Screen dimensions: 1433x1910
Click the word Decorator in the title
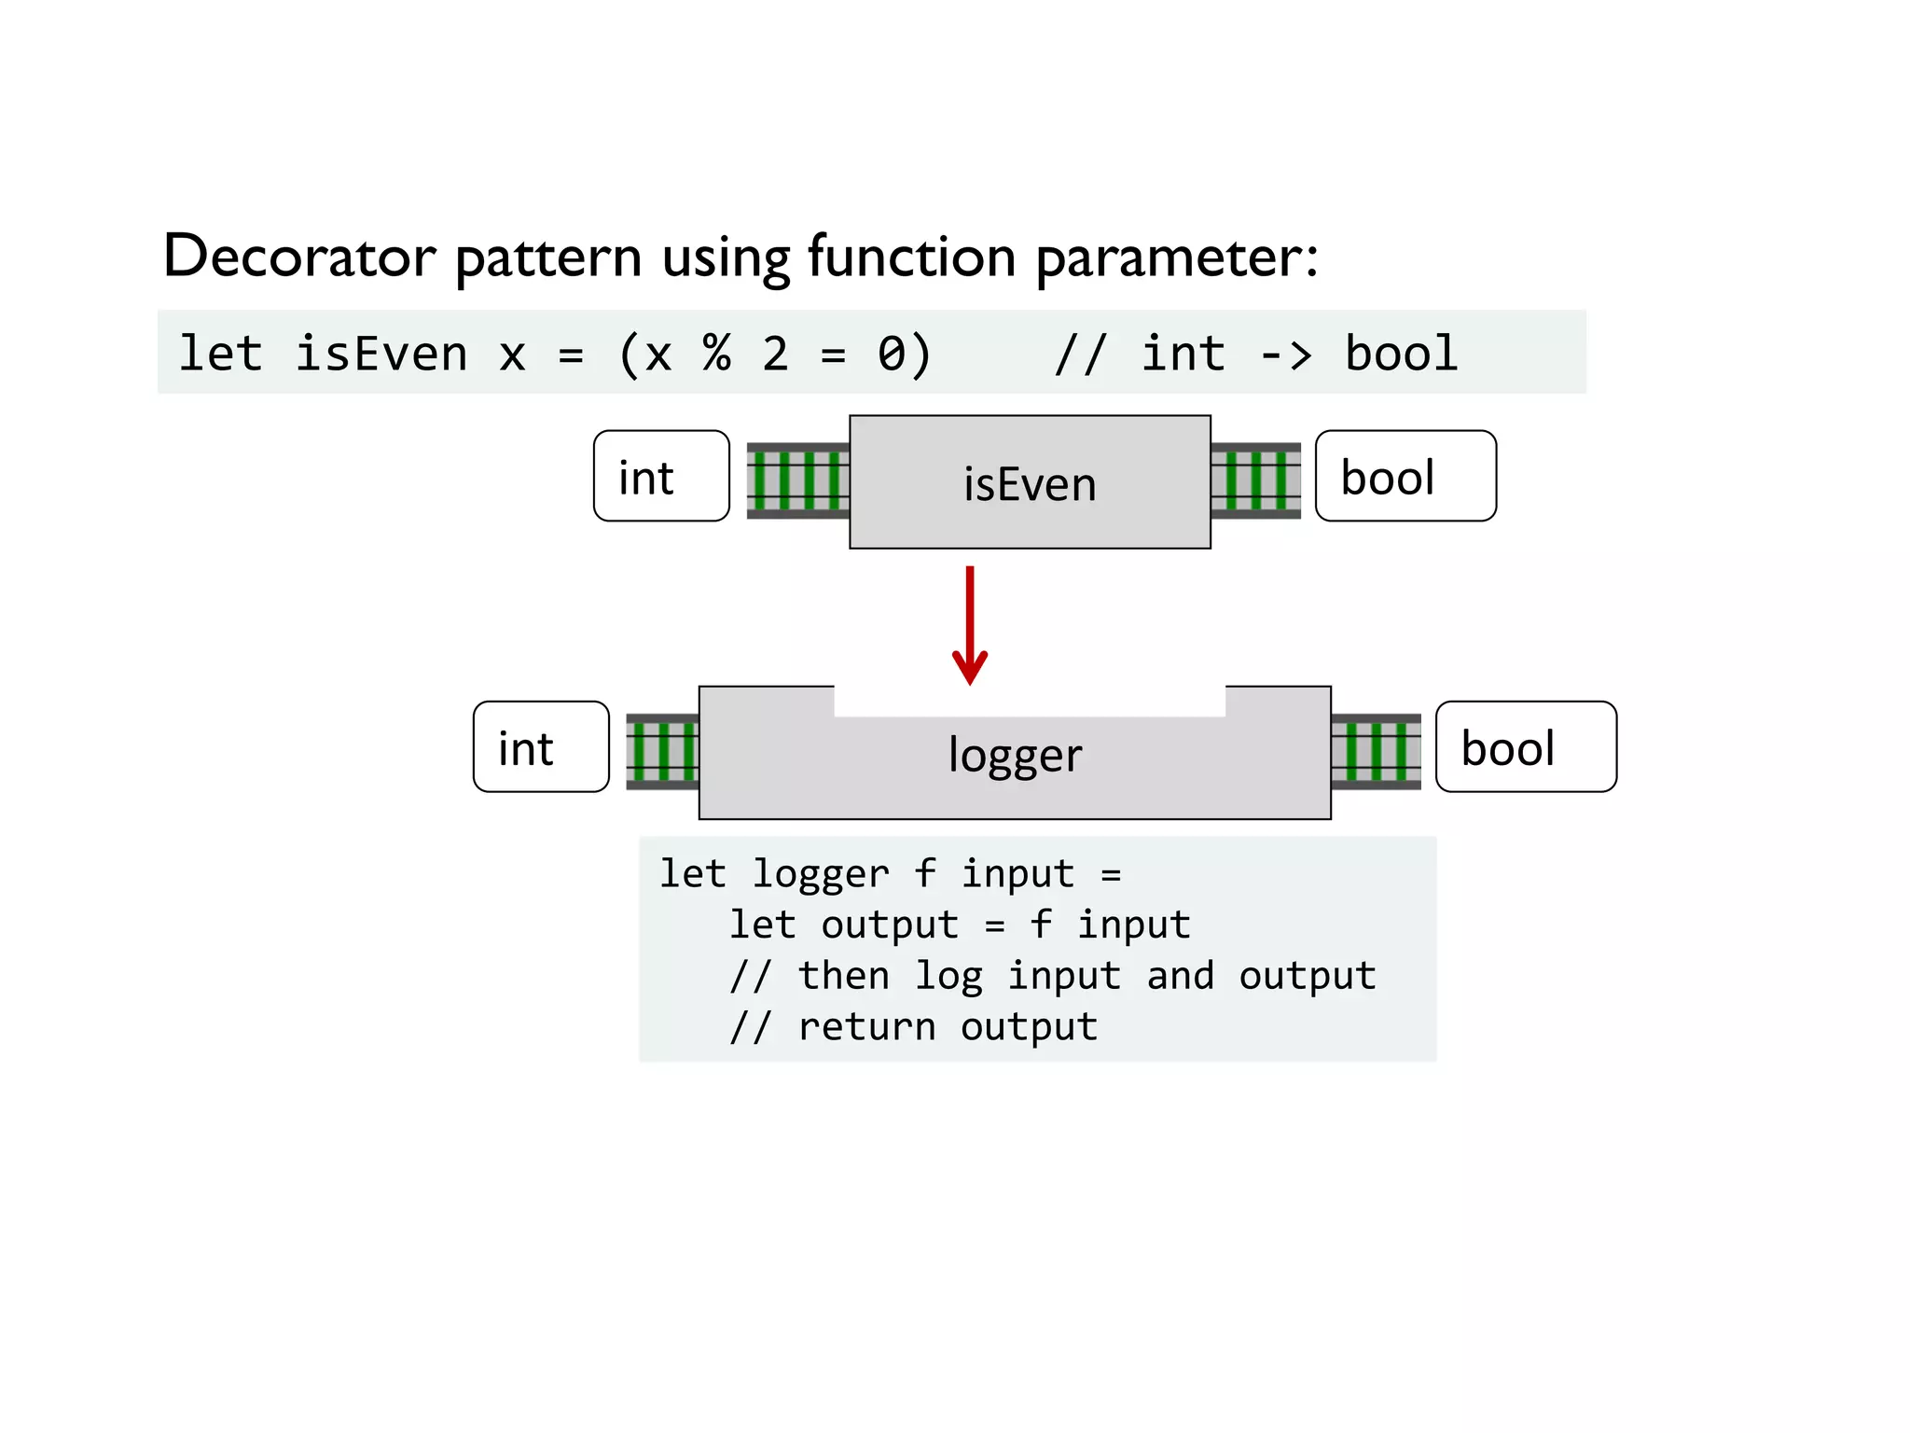coord(299,257)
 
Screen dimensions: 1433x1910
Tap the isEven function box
coord(1030,482)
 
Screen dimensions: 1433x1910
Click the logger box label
coord(1015,755)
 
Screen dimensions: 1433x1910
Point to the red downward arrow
coord(970,625)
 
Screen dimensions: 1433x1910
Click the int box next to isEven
coord(661,476)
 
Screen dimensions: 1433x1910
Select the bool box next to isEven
coord(1405,476)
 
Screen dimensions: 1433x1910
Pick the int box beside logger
coord(541,747)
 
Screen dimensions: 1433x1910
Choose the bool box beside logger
coord(1525,747)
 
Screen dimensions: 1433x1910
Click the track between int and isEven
coord(797,480)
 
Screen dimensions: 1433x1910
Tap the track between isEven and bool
coord(1255,480)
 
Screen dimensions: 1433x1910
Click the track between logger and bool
coord(1376,751)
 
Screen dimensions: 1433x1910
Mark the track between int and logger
coord(662,751)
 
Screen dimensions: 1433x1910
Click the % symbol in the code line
coord(716,354)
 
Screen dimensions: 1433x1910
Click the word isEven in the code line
coord(381,354)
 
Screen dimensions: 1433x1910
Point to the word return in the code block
coord(866,1026)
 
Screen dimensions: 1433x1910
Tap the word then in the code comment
coord(843,976)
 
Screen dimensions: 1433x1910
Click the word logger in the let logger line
coord(820,874)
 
